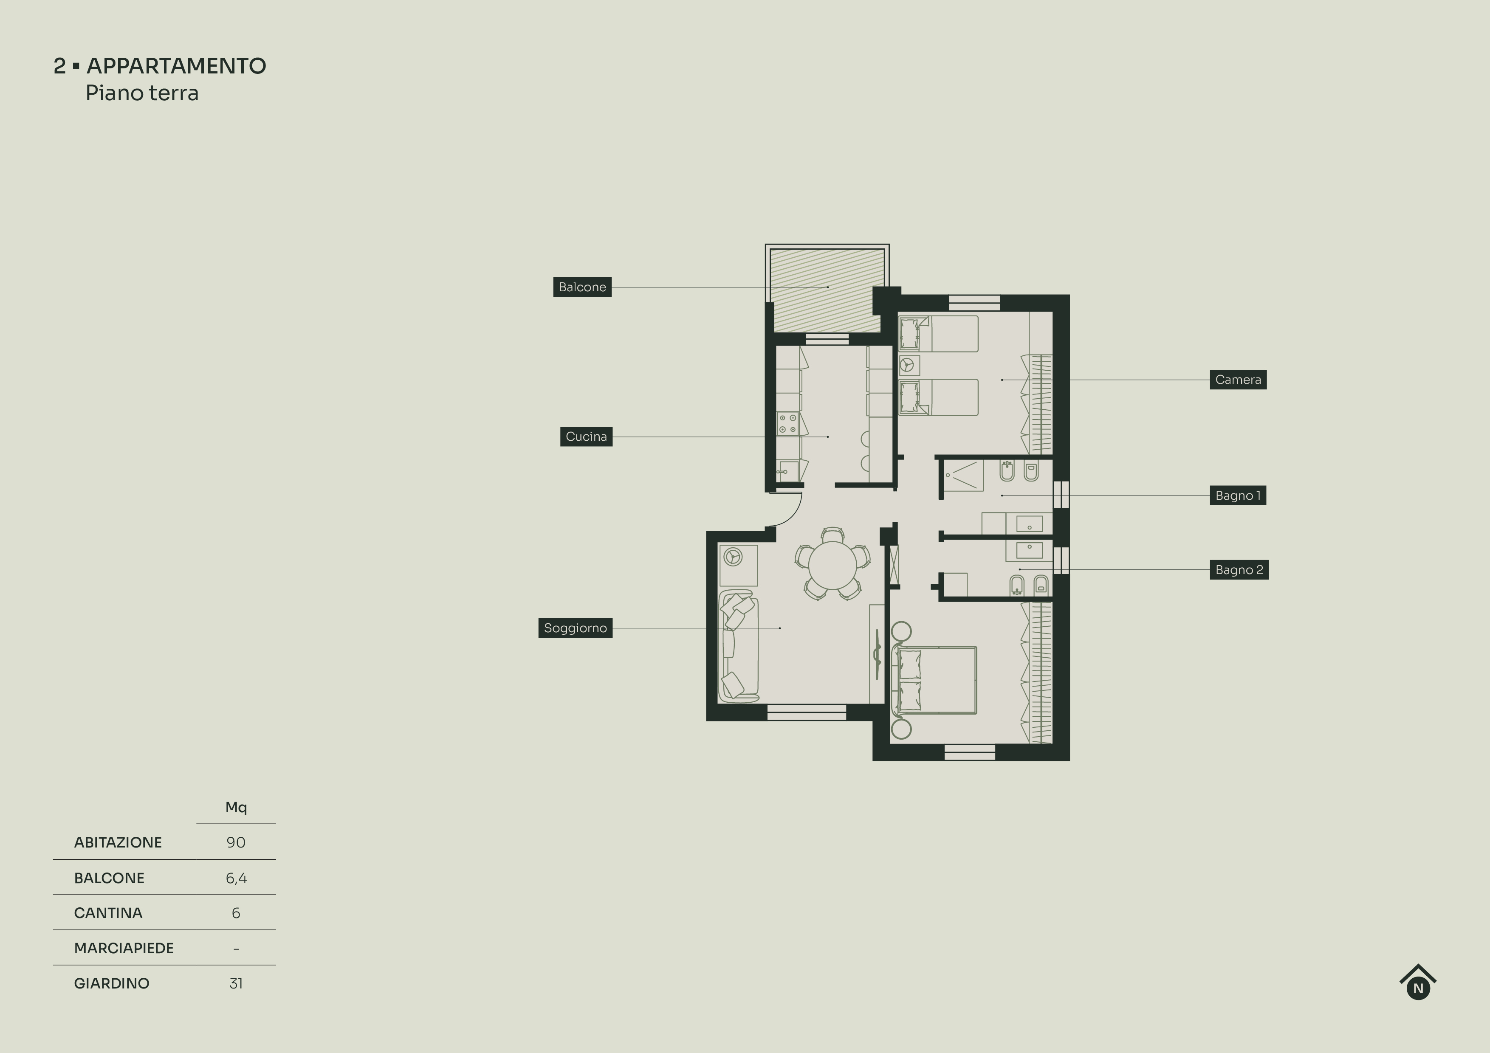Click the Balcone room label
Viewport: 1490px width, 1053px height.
pos(582,287)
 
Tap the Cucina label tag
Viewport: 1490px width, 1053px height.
pos(586,436)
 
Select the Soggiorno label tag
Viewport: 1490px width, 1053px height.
pos(575,628)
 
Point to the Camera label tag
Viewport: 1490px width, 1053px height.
pos(1238,380)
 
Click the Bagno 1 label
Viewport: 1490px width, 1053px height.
pos(1238,496)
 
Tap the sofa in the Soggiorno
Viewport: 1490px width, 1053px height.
pos(738,646)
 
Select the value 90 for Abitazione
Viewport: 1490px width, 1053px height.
pos(236,842)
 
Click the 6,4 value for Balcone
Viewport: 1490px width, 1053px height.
pos(236,878)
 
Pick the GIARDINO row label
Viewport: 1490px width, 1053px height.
pos(112,983)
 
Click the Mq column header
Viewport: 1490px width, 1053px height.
pos(236,807)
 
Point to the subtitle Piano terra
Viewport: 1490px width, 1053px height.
pos(142,93)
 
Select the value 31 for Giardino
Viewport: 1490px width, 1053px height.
pos(236,983)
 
